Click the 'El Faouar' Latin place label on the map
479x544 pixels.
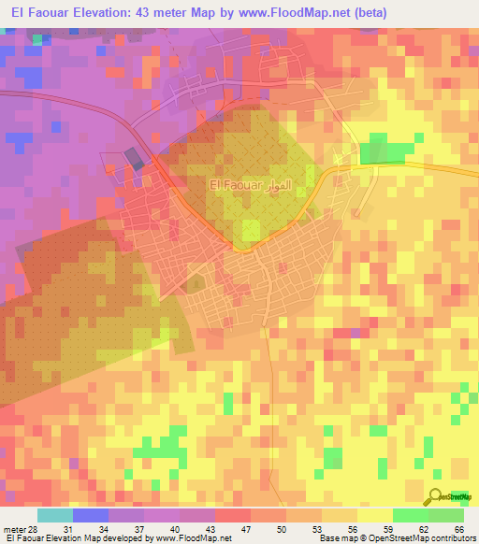(237, 186)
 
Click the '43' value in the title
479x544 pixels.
(151, 13)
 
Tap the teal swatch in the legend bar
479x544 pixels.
(55, 515)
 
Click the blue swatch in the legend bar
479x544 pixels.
(91, 515)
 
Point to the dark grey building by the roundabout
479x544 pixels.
(136, 160)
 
